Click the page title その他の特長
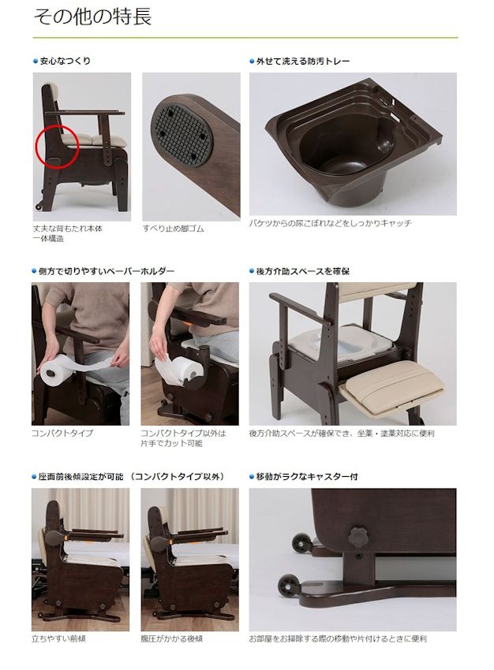click(x=92, y=18)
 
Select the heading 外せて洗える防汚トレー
click(x=303, y=61)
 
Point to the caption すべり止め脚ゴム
click(x=173, y=229)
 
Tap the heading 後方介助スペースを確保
click(x=303, y=271)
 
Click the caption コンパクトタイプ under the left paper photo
click(x=62, y=434)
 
